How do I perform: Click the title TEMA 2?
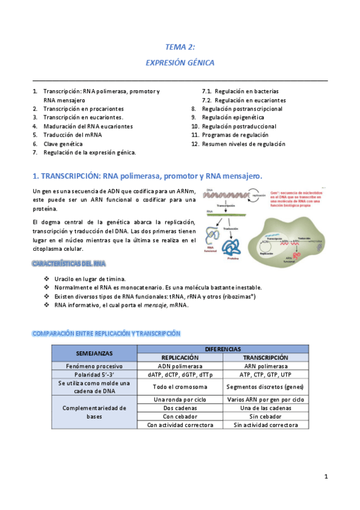coord(180,46)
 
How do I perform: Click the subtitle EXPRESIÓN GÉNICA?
coord(180,62)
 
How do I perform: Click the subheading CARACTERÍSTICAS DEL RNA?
coord(69,264)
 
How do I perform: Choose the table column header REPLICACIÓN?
coord(180,357)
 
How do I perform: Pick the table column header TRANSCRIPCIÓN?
coord(266,357)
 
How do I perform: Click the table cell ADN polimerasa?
coord(180,366)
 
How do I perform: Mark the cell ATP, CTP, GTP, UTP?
coord(266,374)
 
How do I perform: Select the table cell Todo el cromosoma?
coord(180,387)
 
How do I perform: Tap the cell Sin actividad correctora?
coord(266,425)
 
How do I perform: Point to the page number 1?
coord(326,477)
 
